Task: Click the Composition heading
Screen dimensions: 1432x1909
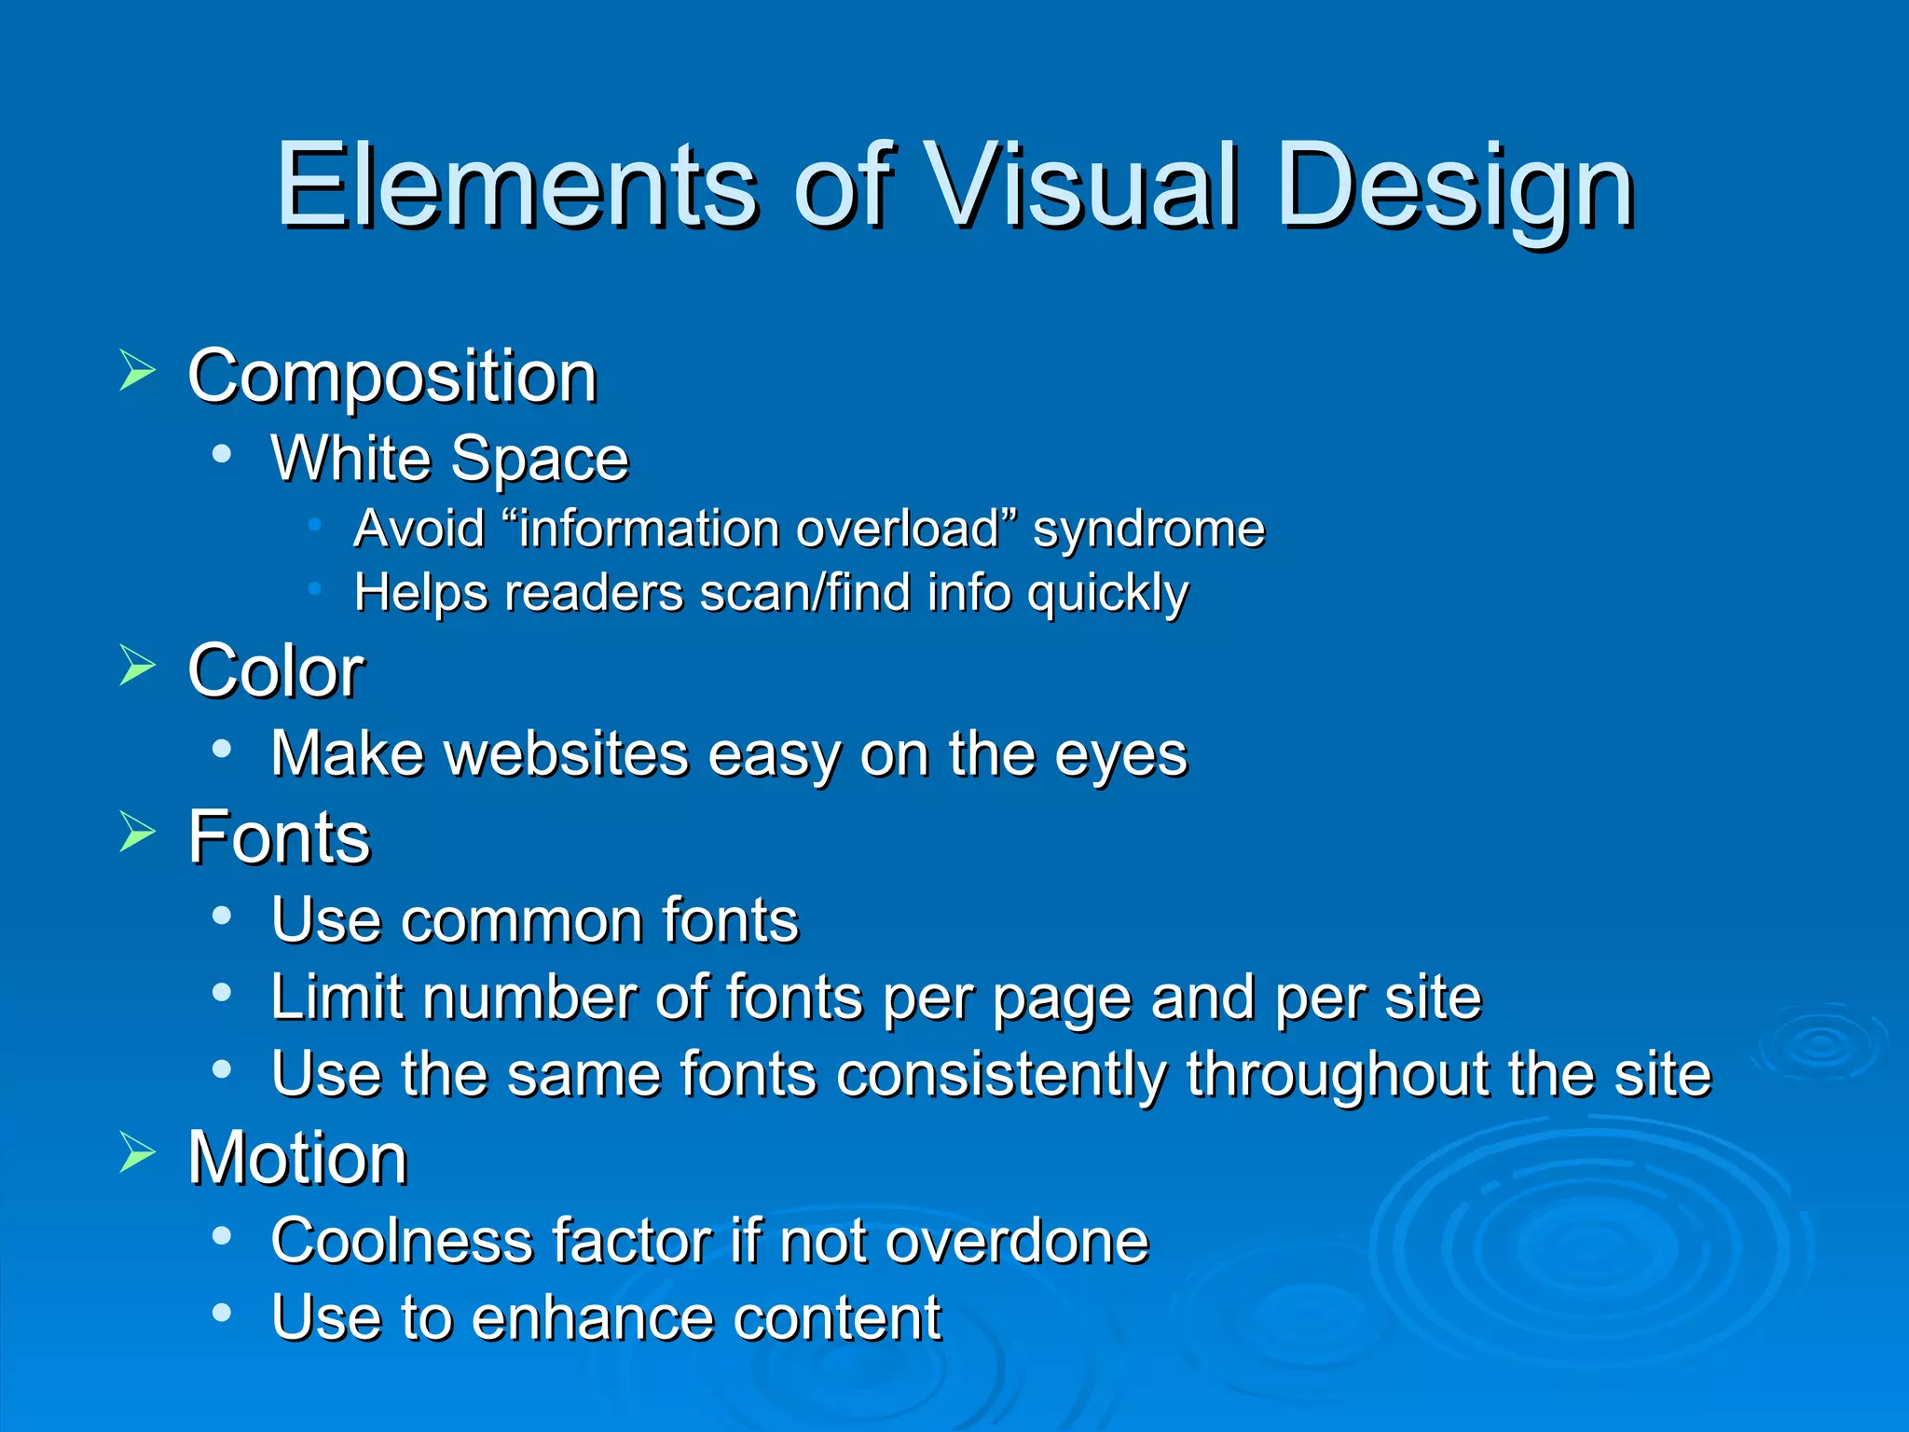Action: click(x=391, y=377)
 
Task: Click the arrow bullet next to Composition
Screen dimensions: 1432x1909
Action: click(x=137, y=371)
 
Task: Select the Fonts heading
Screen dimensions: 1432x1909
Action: click(x=279, y=837)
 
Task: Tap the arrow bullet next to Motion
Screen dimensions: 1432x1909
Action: click(x=137, y=1153)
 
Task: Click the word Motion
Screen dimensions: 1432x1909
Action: click(x=297, y=1158)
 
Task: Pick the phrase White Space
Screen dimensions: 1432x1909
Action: click(x=449, y=459)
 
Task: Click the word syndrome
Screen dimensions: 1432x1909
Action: click(x=1148, y=530)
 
